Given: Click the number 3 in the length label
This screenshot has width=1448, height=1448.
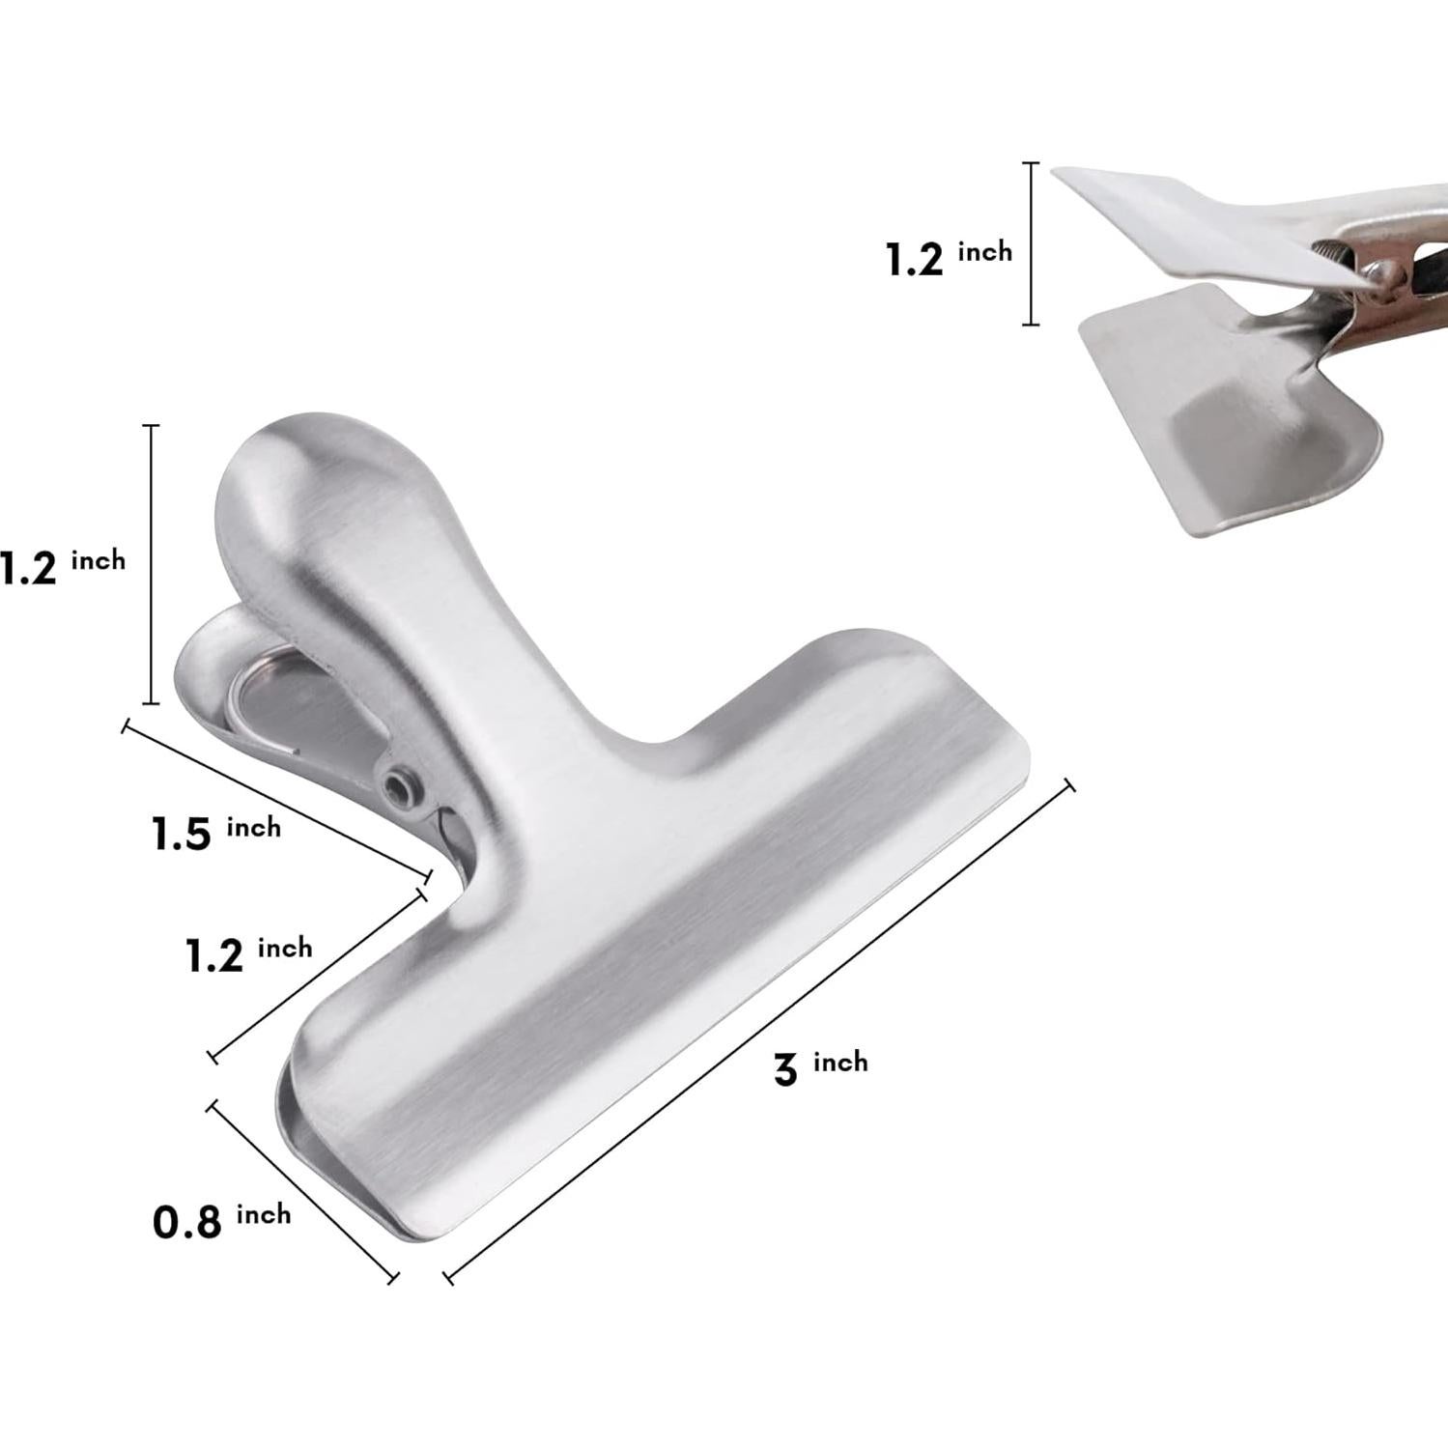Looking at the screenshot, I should [x=785, y=1070].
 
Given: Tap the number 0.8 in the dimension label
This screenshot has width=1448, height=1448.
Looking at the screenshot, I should [x=187, y=1223].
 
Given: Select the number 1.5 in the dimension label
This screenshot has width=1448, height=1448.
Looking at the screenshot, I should [x=182, y=835].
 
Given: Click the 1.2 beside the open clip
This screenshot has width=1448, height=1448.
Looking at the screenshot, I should [x=914, y=260].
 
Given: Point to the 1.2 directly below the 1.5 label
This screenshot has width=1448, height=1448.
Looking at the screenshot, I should [x=213, y=956].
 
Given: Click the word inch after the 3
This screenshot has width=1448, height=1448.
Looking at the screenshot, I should [x=840, y=1063].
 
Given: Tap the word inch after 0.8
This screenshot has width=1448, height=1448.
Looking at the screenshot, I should [x=264, y=1214].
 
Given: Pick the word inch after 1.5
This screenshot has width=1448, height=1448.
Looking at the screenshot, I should [x=254, y=827].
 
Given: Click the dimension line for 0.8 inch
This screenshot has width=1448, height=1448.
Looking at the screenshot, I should [x=301, y=1191].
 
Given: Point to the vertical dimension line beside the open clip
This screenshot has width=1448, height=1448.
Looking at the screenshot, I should [x=1031, y=243].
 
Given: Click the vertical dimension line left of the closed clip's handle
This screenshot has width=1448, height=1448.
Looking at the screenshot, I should [x=151, y=564].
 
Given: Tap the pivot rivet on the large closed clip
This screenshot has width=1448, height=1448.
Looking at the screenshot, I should [x=398, y=784].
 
